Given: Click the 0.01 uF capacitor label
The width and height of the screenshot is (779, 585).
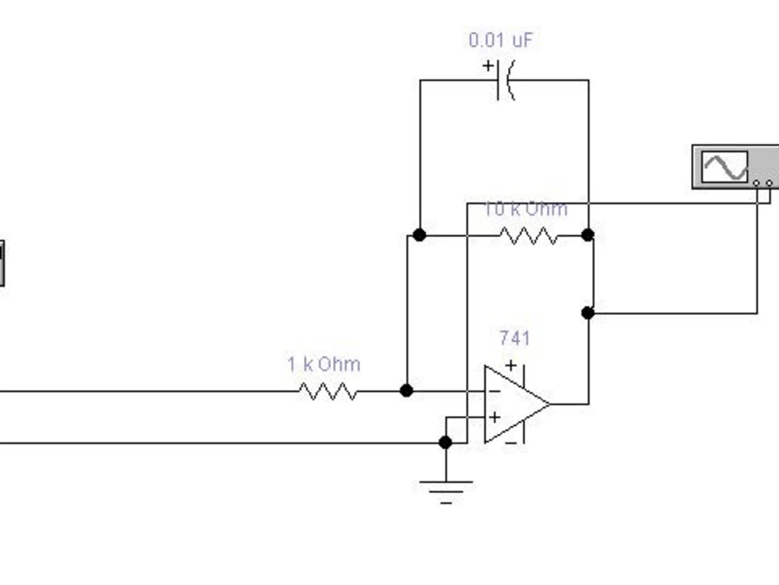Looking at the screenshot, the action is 501,41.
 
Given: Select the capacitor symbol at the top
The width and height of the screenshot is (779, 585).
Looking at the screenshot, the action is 506,80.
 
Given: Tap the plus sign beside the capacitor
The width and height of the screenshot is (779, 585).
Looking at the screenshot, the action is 488,65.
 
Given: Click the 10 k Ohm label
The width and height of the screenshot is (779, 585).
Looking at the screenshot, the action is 526,209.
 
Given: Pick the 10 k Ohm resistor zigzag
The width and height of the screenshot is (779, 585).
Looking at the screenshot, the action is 528,235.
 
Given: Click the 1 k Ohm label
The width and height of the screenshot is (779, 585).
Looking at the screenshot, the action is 324,365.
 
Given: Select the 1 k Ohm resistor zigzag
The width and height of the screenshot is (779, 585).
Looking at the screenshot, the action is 328,391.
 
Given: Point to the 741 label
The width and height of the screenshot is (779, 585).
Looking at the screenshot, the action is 515,338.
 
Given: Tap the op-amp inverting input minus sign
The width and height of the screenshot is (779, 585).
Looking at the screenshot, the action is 495,392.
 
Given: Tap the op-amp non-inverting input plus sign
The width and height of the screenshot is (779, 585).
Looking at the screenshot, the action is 495,418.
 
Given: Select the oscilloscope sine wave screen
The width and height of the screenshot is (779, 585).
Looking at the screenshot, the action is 724,167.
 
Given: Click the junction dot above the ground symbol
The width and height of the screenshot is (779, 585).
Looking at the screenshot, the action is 446,442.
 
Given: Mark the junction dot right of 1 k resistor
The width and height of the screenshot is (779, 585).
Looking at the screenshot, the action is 407,391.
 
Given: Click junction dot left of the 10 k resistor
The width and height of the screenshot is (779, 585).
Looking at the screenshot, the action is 419,235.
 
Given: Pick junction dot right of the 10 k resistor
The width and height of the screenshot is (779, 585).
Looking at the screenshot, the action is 587,235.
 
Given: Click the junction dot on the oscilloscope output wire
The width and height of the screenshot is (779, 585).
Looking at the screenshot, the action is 587,313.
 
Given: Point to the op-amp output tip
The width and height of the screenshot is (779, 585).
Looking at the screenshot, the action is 550,404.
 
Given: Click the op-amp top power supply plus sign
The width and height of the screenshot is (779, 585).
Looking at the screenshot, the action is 511,365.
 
